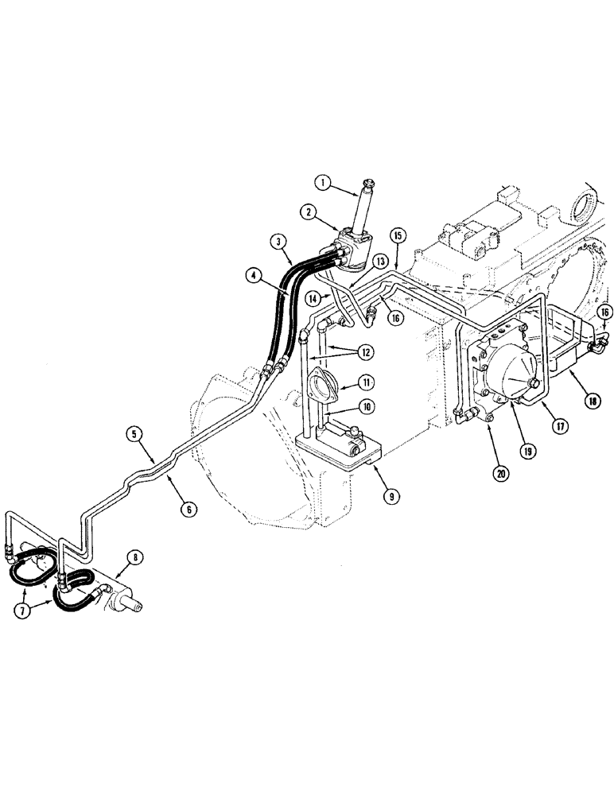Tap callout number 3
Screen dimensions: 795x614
[277, 240]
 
